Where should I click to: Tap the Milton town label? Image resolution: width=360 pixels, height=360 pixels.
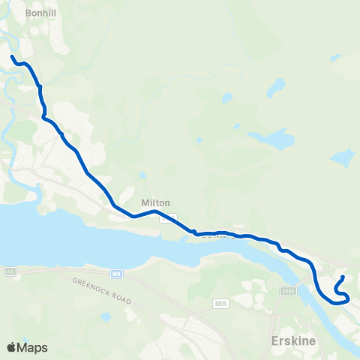click(x=156, y=203)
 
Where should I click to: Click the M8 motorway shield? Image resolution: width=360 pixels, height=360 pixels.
click(x=117, y=273)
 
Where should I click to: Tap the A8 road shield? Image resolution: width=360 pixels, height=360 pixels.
click(x=10, y=271)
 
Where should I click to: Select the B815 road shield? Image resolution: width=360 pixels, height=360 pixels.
click(x=220, y=304)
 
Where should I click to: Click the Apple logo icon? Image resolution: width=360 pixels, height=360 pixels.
click(x=11, y=347)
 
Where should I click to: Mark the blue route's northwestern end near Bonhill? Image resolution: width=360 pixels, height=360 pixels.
click(x=12, y=56)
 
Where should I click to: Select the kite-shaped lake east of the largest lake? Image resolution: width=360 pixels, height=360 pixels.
click(x=342, y=157)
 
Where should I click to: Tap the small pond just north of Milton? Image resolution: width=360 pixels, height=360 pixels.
click(x=142, y=176)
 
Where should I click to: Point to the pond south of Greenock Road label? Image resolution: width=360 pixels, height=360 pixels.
click(x=106, y=316)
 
